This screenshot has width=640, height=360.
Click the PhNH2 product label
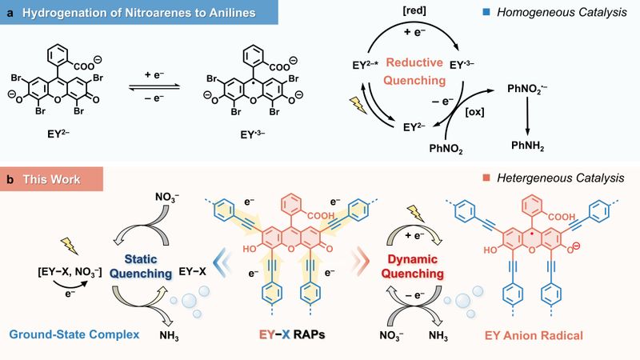(x=527, y=146)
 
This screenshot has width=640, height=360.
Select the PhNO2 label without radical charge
(x=446, y=149)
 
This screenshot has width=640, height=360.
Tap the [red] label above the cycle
(x=414, y=10)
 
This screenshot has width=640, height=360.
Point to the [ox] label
(x=474, y=111)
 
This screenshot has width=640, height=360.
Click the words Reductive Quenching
(x=414, y=71)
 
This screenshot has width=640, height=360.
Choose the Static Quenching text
(x=141, y=266)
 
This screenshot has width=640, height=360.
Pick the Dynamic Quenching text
(x=412, y=266)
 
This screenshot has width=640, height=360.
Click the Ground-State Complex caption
(x=74, y=334)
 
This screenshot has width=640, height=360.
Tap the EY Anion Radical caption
(x=534, y=335)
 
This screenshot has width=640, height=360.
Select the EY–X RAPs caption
(x=292, y=335)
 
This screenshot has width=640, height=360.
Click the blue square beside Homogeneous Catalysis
(x=486, y=12)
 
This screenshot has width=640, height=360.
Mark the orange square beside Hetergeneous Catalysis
(x=486, y=178)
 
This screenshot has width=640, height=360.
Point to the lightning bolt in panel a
(x=358, y=106)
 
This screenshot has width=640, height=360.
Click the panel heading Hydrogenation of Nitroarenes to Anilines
(x=138, y=13)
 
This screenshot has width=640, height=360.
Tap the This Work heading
(x=51, y=179)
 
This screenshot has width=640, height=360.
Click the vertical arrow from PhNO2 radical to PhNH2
(x=527, y=116)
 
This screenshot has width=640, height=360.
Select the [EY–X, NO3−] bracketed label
(x=70, y=271)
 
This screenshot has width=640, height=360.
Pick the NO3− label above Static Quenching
(x=167, y=197)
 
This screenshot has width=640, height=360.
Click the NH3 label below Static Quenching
(x=169, y=336)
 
